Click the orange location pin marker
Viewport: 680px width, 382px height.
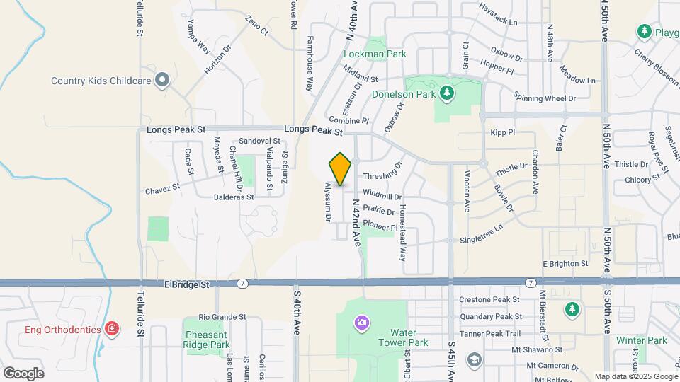[341, 168]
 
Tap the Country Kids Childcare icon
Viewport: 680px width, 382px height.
[162, 80]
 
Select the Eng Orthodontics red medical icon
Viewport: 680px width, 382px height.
[111, 328]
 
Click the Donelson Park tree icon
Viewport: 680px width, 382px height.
[446, 93]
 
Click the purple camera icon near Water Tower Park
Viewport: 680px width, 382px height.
[362, 323]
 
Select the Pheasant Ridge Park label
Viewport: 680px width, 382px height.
[207, 339]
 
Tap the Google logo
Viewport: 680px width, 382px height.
[23, 374]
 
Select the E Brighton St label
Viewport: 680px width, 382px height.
[565, 263]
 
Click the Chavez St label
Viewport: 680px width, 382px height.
[163, 190]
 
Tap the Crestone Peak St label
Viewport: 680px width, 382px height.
[489, 300]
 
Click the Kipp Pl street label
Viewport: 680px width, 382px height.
[502, 132]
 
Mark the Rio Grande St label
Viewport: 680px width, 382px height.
[222, 317]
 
